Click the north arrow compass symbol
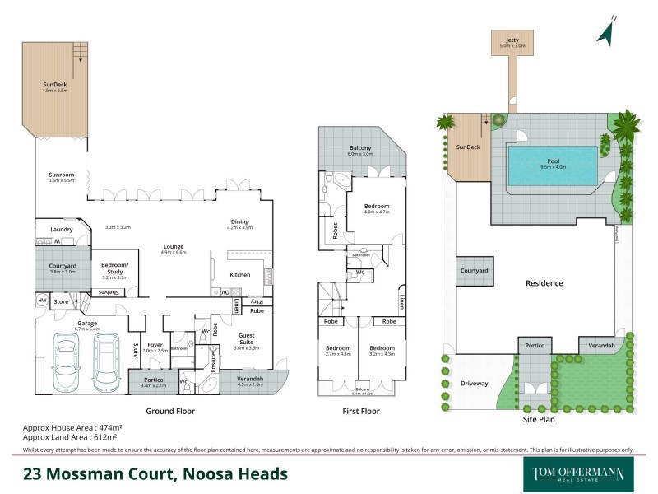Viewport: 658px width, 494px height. [606, 30]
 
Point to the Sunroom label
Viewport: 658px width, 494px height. [62, 176]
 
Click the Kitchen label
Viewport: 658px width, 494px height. [239, 274]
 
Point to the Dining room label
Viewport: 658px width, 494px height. [239, 221]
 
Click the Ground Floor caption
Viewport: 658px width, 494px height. [169, 411]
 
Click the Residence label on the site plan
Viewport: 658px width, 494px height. [544, 283]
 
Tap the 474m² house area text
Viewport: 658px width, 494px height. [106, 429]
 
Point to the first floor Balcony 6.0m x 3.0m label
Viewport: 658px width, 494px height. [360, 148]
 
